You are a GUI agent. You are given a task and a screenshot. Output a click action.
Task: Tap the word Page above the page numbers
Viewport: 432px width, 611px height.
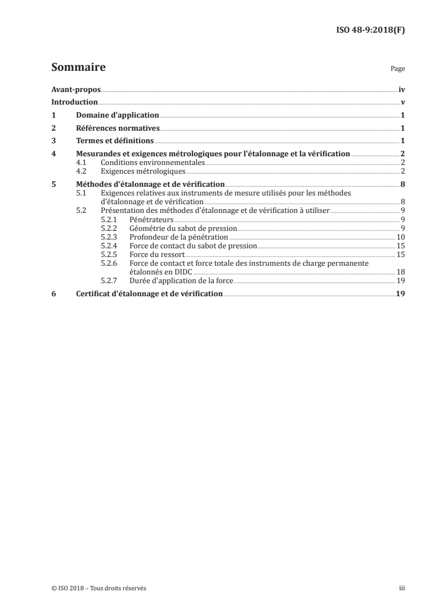pos(398,70)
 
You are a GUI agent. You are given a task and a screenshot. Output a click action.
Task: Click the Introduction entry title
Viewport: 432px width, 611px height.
pos(74,102)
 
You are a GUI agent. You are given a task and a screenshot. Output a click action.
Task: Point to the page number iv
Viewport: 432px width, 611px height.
pos(401,89)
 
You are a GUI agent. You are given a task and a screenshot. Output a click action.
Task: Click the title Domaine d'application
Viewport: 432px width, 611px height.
pos(117,115)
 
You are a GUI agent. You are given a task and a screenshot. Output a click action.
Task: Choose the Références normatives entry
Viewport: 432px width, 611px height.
pos(117,129)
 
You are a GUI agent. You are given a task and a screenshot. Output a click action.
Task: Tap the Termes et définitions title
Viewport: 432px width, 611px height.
pos(114,142)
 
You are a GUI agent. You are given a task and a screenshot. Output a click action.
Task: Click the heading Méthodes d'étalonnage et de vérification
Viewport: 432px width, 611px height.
pos(150,184)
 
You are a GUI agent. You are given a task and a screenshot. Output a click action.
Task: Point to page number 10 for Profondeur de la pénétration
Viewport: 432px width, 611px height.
pos(400,237)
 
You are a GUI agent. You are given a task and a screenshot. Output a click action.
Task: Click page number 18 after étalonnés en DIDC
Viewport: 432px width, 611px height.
pos(400,272)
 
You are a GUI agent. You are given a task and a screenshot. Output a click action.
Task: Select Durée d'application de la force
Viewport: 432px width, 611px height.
pos(181,280)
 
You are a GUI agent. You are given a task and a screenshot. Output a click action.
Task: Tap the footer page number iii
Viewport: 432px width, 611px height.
pos(402,588)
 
